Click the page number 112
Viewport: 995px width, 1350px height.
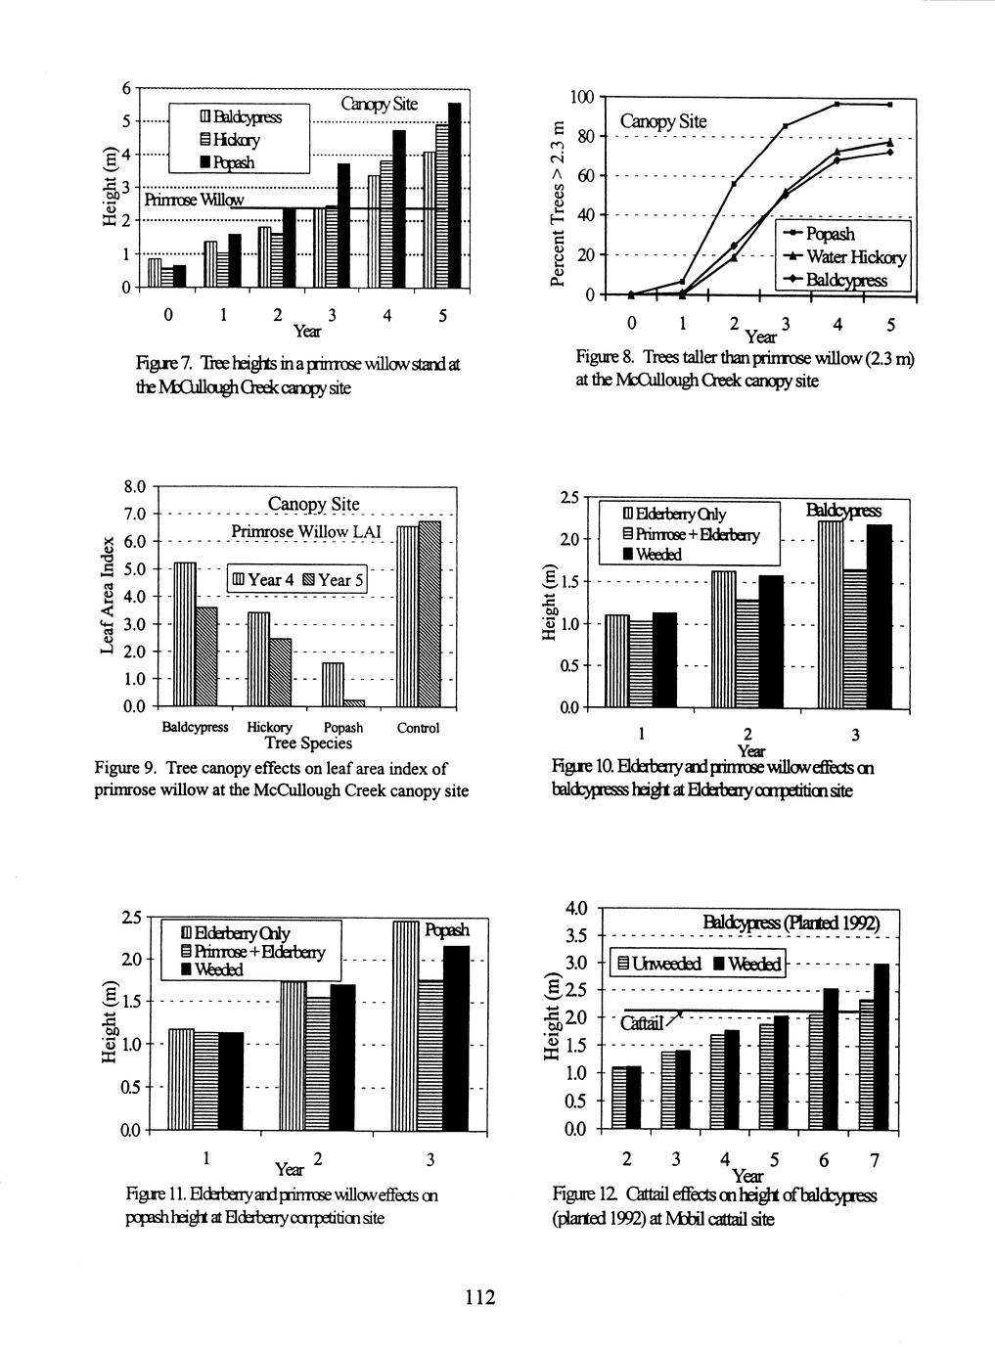tap(480, 1297)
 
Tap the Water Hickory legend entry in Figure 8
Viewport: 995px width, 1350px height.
tap(848, 257)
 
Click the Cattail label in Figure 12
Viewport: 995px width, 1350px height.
tap(642, 1023)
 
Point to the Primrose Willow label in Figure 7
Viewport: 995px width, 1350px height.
tap(194, 201)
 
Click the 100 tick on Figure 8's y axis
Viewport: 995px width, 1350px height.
tap(581, 97)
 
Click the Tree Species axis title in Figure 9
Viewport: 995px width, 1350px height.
tap(308, 743)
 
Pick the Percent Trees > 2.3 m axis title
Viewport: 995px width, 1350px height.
tap(557, 202)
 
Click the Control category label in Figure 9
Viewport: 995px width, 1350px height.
tap(418, 728)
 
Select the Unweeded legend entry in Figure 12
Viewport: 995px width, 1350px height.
tap(661, 965)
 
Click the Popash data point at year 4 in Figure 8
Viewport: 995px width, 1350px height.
tap(837, 104)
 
